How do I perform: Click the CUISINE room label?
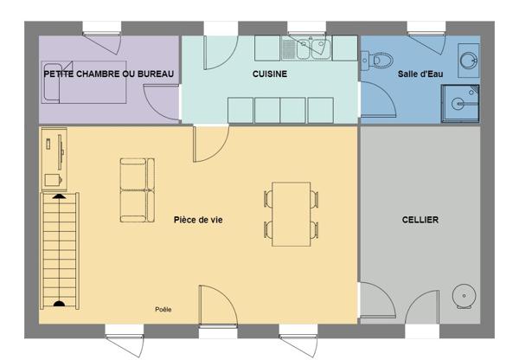pos(270,74)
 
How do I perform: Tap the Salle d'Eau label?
pos(420,74)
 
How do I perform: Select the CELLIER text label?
pos(420,220)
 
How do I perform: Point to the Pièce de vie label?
pos(198,220)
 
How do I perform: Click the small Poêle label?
pos(163,309)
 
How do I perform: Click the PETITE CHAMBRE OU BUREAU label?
pos(109,74)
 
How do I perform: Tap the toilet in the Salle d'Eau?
pos(377,61)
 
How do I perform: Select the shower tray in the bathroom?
pos(460,103)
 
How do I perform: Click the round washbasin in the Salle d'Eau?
pos(469,61)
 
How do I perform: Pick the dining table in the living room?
pos(291,214)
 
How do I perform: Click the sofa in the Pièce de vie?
pos(138,190)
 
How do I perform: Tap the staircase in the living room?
pos(60,251)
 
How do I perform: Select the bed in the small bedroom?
pos(84,82)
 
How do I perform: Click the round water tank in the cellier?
pos(464,296)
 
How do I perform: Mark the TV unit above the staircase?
pos(54,159)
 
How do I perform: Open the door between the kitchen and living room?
pos(211,144)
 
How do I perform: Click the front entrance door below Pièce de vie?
pos(218,305)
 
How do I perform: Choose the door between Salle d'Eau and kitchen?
pos(378,100)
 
